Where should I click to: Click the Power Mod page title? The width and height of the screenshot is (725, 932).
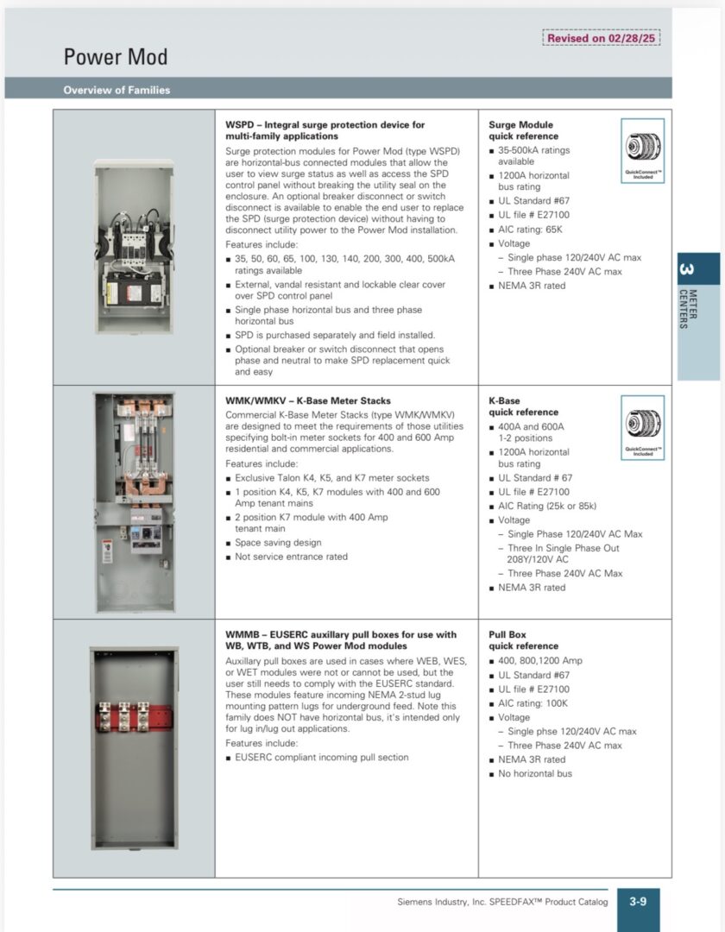tap(116, 57)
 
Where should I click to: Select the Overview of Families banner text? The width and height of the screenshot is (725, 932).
tap(117, 90)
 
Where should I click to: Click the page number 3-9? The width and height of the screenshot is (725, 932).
tap(638, 902)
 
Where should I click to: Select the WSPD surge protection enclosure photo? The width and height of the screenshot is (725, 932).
tap(134, 247)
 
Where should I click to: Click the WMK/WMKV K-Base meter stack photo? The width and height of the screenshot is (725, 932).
tap(134, 502)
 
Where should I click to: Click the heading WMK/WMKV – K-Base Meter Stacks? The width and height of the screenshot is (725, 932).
tap(308, 400)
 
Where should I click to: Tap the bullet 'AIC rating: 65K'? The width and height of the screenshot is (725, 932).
tap(530, 230)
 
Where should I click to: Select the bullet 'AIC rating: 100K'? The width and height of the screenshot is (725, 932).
tap(533, 703)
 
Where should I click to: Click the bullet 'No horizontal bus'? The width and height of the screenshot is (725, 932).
tap(535, 773)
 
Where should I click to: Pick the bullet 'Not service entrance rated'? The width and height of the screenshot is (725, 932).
tap(292, 557)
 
